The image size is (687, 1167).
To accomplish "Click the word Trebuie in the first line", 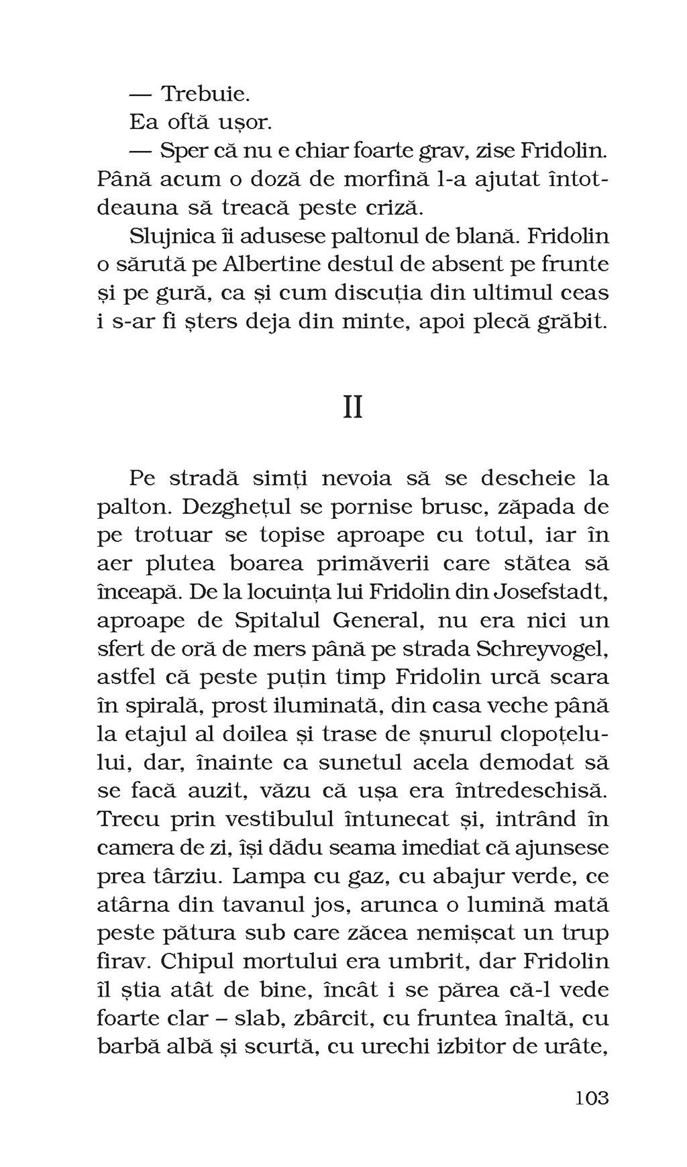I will point(205,93).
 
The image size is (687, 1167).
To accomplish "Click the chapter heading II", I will point(353,407).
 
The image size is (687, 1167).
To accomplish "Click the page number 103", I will point(592,1098).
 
